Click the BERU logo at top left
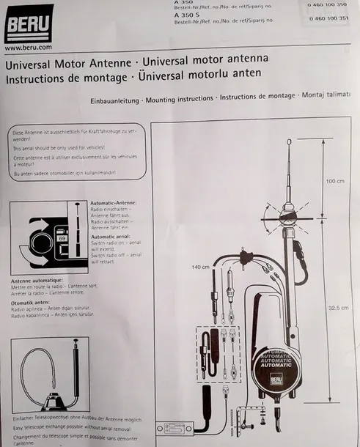pyautogui.click(x=29, y=23)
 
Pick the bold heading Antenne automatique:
pyautogui.click(x=37, y=280)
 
